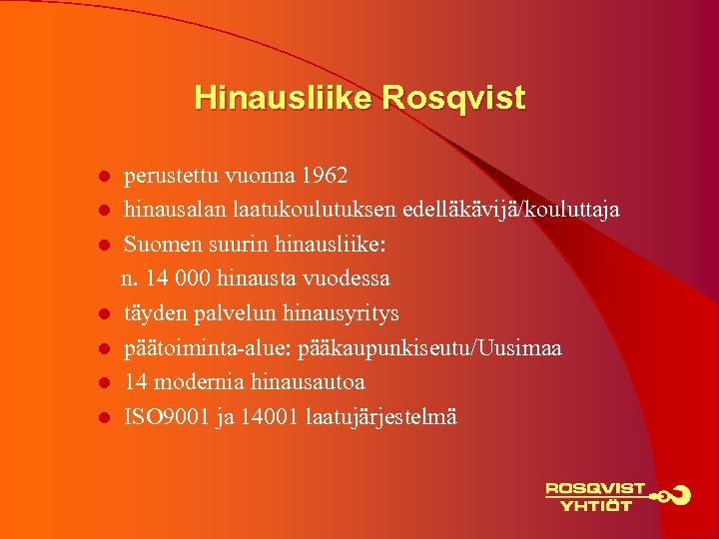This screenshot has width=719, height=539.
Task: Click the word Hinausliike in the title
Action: [x=283, y=98]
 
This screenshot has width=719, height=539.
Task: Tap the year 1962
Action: [x=326, y=177]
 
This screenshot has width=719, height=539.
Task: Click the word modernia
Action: [x=188, y=382]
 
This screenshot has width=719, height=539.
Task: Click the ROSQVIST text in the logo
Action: [x=595, y=489]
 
